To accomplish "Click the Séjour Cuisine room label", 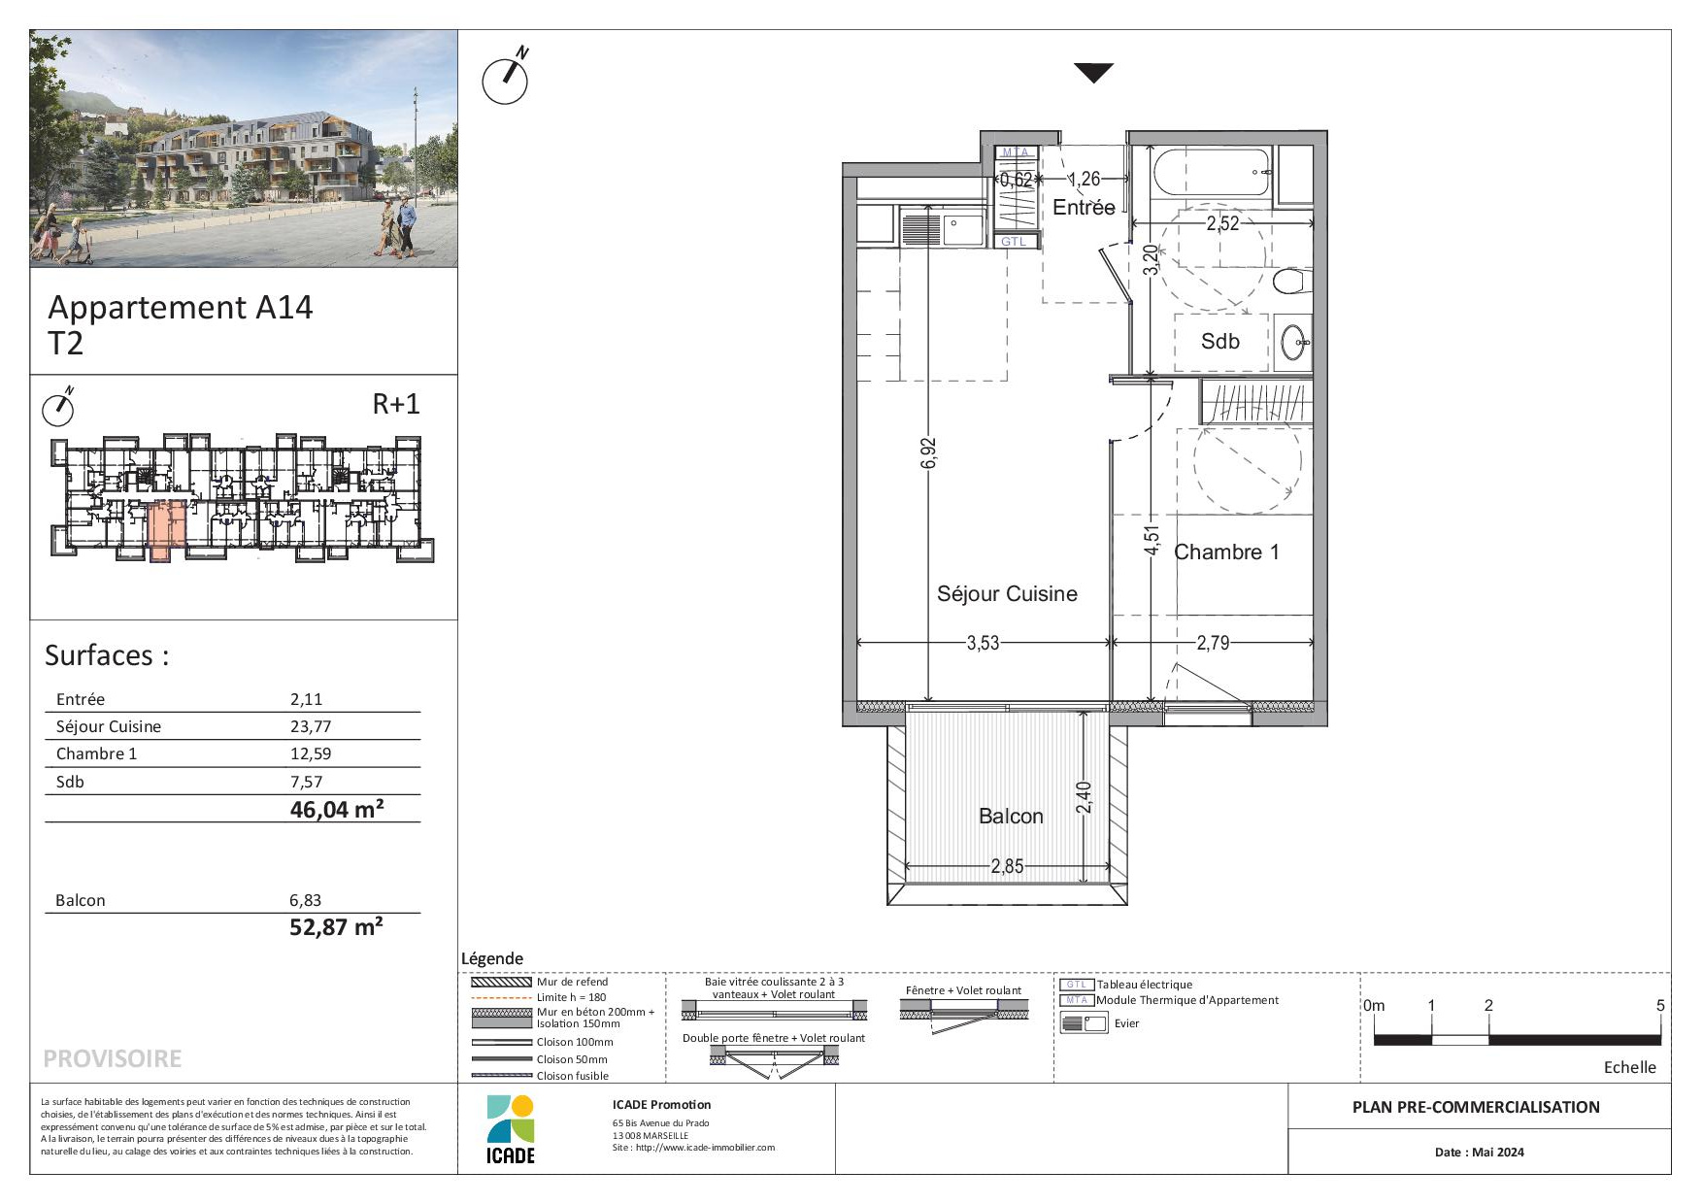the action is [x=1007, y=593].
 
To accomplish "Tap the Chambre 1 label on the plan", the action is [x=1226, y=552].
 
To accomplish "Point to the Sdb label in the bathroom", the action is [x=1220, y=341].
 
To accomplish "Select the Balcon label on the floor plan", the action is [x=1011, y=817].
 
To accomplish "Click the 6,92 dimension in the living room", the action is [x=928, y=453].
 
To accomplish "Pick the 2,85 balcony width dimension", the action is [x=1007, y=866].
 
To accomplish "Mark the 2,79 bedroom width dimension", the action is [x=1213, y=642].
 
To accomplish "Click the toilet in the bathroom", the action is [x=1291, y=282].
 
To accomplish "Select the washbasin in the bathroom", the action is [x=1294, y=342].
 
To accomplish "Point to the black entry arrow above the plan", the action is [x=1093, y=73].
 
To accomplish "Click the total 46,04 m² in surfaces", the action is [x=336, y=809].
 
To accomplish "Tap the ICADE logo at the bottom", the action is [x=511, y=1129].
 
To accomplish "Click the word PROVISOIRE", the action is [x=113, y=1058].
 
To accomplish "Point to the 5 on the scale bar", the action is [x=1660, y=1006].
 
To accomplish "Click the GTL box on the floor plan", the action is [x=1013, y=241].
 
